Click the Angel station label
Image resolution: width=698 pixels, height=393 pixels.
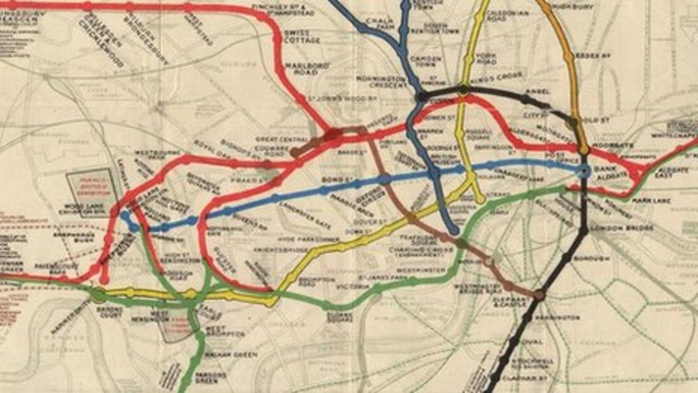point(537,91)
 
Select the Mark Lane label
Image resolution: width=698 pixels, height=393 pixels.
point(650,201)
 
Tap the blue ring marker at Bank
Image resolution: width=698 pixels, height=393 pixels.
point(584,171)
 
